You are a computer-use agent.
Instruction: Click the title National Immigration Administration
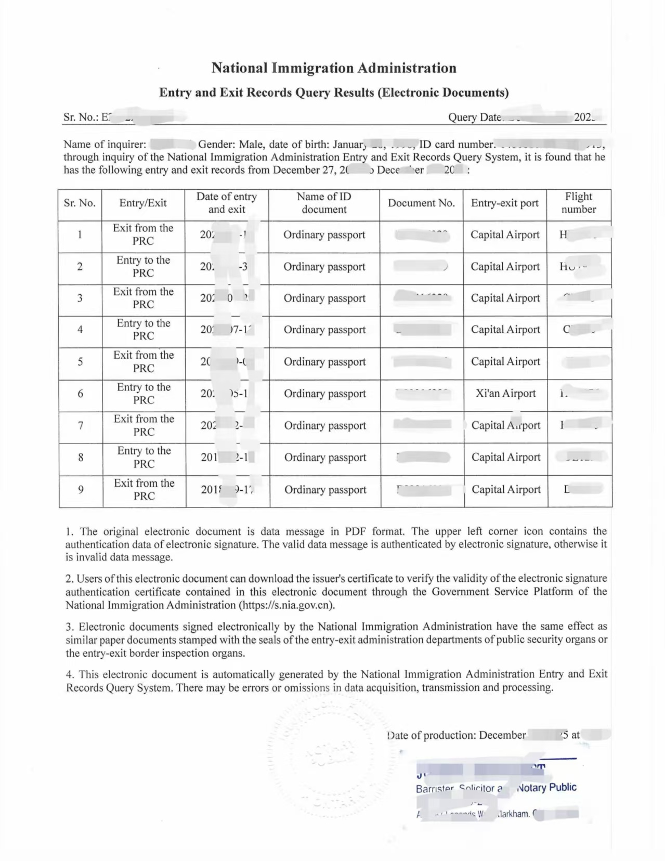click(x=333, y=68)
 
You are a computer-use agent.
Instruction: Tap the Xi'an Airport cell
click(x=505, y=394)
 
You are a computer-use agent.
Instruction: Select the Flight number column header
click(x=578, y=203)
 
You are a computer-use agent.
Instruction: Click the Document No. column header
click(x=421, y=203)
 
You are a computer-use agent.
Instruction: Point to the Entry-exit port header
click(x=504, y=203)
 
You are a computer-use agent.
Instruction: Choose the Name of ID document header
click(x=324, y=203)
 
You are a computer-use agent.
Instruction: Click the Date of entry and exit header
click(x=226, y=203)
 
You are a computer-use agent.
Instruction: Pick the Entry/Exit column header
click(x=142, y=203)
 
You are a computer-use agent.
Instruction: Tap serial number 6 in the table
click(x=81, y=394)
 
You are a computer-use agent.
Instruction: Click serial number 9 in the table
click(x=81, y=490)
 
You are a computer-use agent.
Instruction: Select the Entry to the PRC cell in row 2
click(x=143, y=266)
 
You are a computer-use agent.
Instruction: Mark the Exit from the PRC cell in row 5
click(x=144, y=361)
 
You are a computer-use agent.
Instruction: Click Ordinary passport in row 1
click(x=324, y=235)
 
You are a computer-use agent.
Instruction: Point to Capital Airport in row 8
click(x=505, y=458)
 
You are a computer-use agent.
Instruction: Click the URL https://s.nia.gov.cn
click(x=285, y=605)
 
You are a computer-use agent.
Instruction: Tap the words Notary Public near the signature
click(x=547, y=787)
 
